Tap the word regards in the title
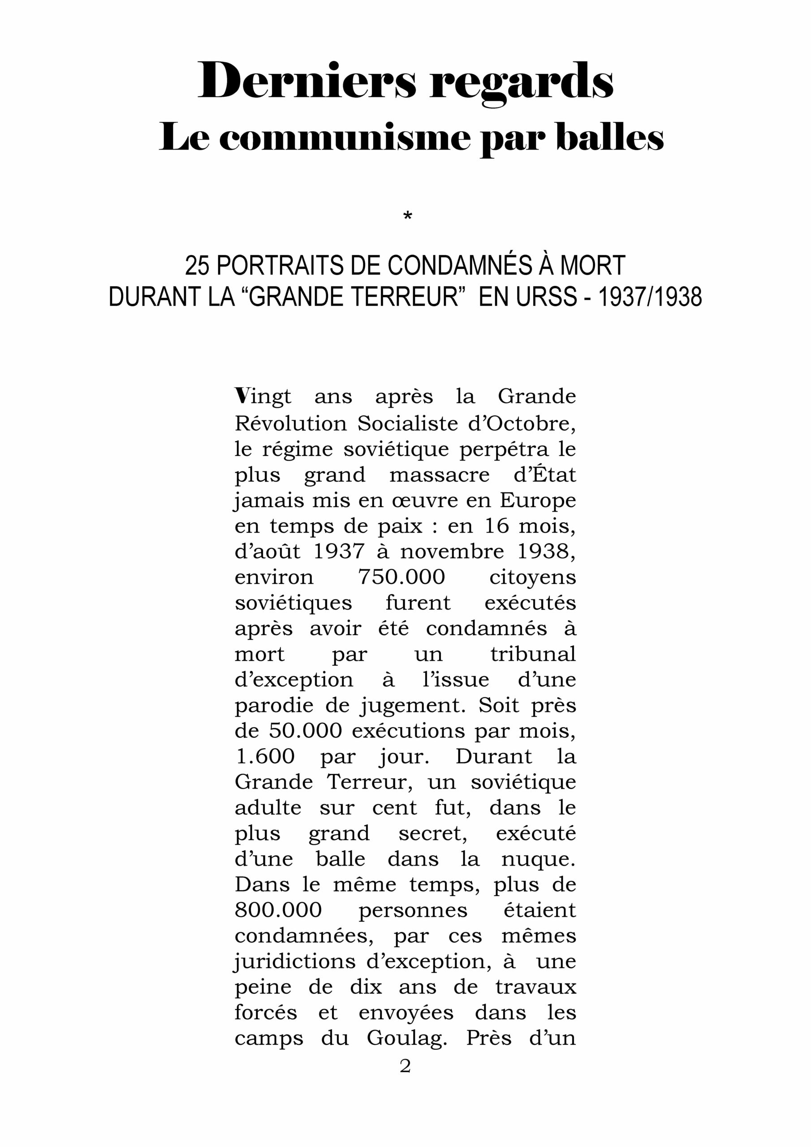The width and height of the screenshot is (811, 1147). click(x=521, y=82)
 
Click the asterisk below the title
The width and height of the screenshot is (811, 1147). click(x=407, y=216)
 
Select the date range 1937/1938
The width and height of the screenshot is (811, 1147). click(x=650, y=297)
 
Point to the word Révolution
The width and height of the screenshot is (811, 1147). click(x=290, y=424)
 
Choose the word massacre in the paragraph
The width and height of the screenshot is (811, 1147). click(x=439, y=474)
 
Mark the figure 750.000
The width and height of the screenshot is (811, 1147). click(x=401, y=577)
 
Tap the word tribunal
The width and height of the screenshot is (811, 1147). click(x=533, y=654)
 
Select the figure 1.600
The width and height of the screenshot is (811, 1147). click(x=265, y=756)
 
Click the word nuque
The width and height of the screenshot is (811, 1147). click(x=538, y=859)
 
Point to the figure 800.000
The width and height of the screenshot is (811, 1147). click(x=278, y=910)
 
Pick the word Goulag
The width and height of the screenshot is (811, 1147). click(x=406, y=1038)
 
